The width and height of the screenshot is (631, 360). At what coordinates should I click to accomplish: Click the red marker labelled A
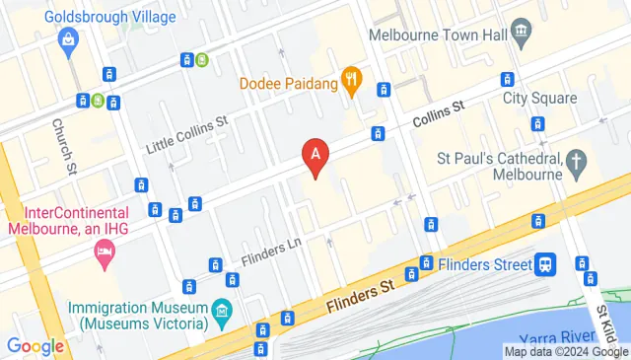click(x=315, y=155)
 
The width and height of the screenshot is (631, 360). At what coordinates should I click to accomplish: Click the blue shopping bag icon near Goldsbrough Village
click(x=67, y=39)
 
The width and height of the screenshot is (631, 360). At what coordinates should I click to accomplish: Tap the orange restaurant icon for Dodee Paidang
click(x=350, y=82)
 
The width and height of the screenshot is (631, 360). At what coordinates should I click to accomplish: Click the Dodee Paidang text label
click(x=284, y=83)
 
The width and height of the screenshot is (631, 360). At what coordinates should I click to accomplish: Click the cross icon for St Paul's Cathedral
click(x=577, y=159)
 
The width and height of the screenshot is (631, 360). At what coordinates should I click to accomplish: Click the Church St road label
click(x=63, y=144)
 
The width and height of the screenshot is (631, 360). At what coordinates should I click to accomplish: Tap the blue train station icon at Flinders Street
click(x=544, y=263)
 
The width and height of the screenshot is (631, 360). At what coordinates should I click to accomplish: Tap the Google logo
click(x=35, y=346)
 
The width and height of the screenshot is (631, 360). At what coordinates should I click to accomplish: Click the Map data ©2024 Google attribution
click(x=566, y=351)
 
